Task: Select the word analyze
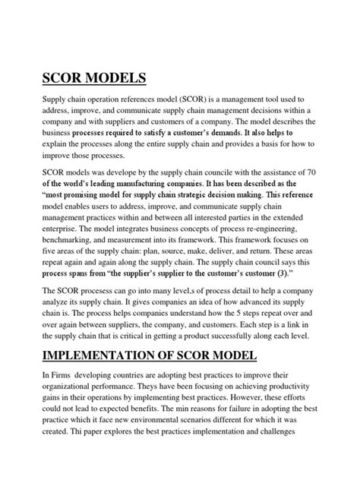[x=43, y=304]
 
